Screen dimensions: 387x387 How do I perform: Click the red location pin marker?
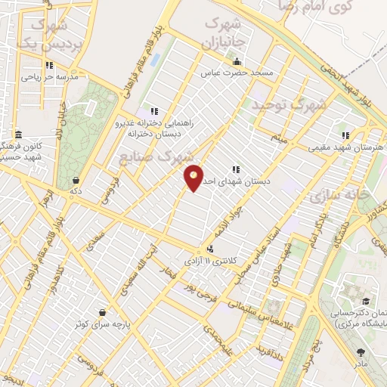pos(193,178)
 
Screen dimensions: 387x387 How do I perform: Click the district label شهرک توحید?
pos(289,104)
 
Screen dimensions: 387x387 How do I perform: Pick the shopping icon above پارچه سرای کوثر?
pos(101,312)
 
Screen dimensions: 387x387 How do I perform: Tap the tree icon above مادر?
pos(361,353)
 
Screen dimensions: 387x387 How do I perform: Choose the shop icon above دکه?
pos(76,181)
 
